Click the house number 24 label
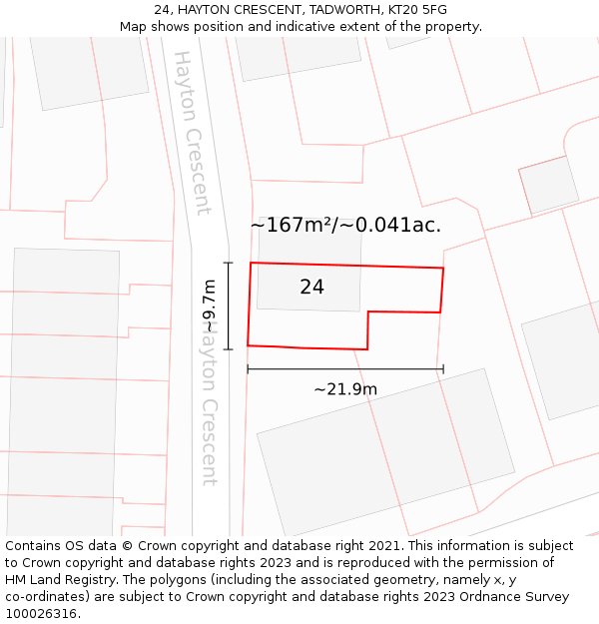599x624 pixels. coord(311,288)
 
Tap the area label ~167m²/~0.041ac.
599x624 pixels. coord(345,226)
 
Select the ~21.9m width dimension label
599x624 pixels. coord(345,389)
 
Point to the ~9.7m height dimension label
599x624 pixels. coord(210,307)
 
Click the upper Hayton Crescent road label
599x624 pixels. coord(193,133)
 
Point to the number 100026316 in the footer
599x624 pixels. coord(42,614)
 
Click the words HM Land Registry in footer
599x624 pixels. coord(54,580)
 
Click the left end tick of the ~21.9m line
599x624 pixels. coord(248,369)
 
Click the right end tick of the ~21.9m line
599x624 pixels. coord(443,369)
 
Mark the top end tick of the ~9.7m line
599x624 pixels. coord(229,263)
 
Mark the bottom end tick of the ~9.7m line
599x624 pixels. coord(229,349)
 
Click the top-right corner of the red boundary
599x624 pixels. coord(443,268)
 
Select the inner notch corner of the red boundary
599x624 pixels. coord(368,312)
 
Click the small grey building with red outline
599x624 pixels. coord(549,185)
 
